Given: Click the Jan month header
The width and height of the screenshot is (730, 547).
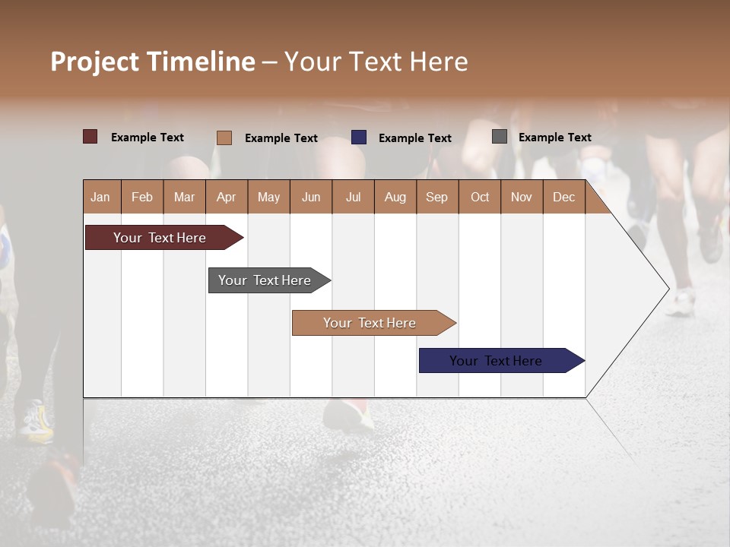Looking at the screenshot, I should pos(100,197).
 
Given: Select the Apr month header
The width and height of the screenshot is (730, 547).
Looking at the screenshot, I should pos(226,197).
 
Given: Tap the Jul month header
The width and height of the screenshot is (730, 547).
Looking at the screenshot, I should pos(353,197).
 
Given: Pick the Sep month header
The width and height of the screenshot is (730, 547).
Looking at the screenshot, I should pos(436,197).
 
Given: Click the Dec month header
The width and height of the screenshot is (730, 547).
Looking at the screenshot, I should pos(563,197).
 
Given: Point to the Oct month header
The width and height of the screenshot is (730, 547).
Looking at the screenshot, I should pos(480,197).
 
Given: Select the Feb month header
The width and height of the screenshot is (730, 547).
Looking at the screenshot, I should pos(142,197).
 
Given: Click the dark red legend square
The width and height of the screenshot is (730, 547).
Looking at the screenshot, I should pos(90,137).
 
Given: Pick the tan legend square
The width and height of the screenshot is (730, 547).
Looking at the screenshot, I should pos(224,138).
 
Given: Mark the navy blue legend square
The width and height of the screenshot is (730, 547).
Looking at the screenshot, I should pos(359,138).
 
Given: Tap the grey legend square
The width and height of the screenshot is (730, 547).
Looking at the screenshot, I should pos(500,137).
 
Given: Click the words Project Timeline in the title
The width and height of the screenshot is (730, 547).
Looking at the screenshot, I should pos(152,62).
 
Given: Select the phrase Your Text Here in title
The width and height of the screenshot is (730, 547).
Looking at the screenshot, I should pos(376,62).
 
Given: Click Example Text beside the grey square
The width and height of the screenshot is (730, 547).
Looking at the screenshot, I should pos(554,138).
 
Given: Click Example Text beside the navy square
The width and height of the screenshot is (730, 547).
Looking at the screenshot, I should pos(414,138).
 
